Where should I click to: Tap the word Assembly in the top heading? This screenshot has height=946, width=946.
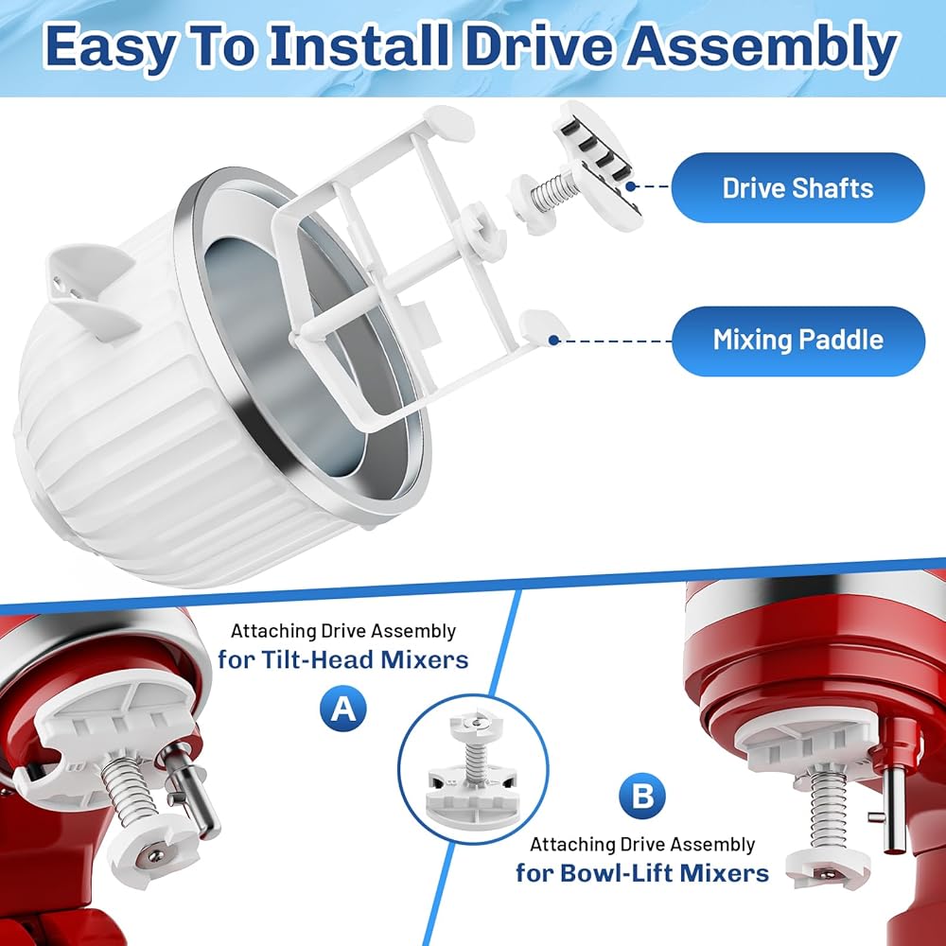click(x=762, y=46)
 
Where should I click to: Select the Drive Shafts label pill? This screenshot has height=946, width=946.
click(x=797, y=187)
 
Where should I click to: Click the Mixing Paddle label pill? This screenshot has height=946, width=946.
click(x=797, y=341)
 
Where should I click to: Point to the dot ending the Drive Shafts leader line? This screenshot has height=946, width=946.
click(x=630, y=186)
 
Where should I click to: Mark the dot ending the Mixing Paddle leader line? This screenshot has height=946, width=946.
click(x=553, y=341)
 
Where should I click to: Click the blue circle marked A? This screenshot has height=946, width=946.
click(x=343, y=708)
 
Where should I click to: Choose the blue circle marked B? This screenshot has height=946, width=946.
click(x=642, y=797)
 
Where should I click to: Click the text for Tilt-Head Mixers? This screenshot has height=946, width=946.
click(x=343, y=659)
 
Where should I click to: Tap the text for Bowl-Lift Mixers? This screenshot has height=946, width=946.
click(x=642, y=873)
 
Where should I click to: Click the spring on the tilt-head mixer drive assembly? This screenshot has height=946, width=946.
click(x=124, y=791)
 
